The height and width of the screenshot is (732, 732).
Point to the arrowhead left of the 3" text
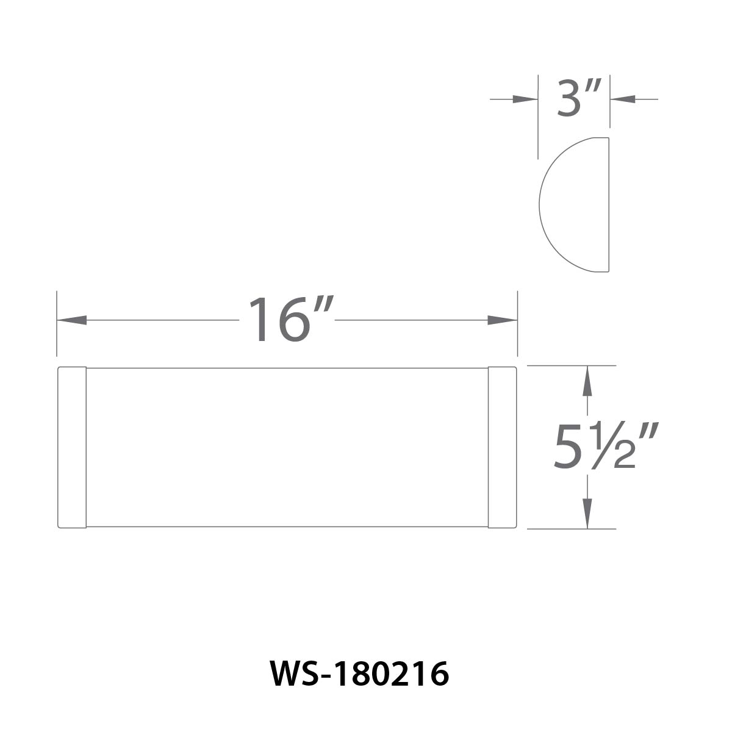(525, 98)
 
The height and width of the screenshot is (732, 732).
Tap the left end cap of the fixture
(72, 447)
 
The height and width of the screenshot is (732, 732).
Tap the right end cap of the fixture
(503, 447)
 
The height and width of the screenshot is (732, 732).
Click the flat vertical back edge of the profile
(609, 204)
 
